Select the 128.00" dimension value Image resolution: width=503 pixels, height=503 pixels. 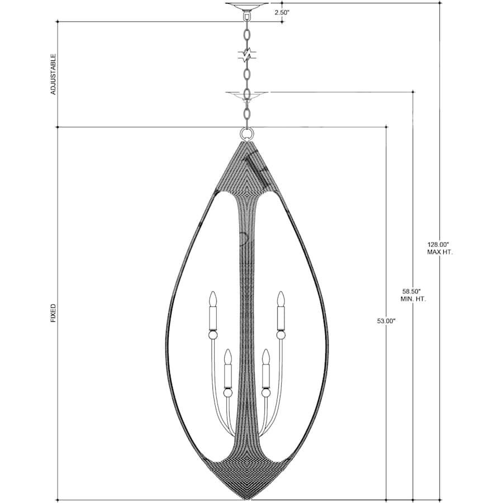tap(439, 244)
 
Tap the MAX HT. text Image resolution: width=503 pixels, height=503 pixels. tap(440, 252)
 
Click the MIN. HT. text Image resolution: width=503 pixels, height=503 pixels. tap(413, 299)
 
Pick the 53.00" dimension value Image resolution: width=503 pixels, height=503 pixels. tap(386, 321)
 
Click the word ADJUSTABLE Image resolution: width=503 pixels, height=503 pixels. tap(54, 74)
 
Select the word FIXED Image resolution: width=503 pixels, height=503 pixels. tap(53, 313)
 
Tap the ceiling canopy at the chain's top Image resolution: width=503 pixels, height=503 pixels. tap(246, 6)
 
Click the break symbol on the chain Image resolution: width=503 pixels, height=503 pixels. tap(246, 55)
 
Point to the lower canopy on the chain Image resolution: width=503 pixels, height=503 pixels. tap(246, 95)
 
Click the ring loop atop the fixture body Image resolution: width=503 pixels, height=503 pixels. tap(246, 134)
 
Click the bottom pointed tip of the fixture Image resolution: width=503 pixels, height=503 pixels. tap(246, 497)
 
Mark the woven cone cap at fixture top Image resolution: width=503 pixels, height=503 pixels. tap(246, 168)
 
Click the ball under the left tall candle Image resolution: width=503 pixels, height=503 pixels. tap(212, 335)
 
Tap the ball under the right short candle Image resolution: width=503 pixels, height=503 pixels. tap(265, 393)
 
